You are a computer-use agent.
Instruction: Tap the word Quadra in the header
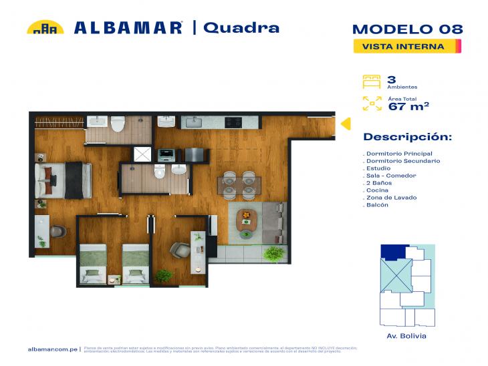point(241,27)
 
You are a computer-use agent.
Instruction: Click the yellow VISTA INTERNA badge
point(407,46)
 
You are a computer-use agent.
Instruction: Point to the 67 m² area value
point(408,106)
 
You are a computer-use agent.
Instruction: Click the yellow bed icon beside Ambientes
point(370,81)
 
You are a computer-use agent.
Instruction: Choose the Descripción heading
point(407,137)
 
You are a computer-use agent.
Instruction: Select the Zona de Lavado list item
point(392,198)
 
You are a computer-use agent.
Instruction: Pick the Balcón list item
point(377,205)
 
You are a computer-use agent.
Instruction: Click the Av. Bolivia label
point(406,335)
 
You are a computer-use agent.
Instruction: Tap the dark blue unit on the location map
point(394,252)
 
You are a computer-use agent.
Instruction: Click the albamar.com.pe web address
point(54,349)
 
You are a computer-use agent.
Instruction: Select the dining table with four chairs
point(239,185)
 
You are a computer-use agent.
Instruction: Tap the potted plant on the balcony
point(273,253)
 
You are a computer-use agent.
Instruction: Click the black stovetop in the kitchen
point(233,122)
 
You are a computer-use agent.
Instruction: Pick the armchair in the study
point(179,250)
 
